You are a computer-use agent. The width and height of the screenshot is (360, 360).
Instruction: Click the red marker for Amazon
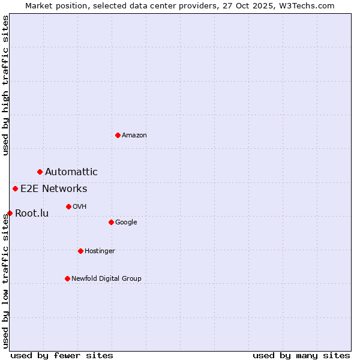(x=118, y=135)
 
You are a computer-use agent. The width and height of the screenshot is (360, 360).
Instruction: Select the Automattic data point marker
(x=40, y=172)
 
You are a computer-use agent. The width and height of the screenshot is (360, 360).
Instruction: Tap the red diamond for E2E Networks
(x=16, y=189)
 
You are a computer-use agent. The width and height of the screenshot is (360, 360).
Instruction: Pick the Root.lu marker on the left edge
(x=10, y=213)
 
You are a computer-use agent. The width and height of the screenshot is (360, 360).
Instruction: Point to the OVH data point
(x=68, y=207)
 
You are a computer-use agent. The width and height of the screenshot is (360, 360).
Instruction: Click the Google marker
(x=111, y=223)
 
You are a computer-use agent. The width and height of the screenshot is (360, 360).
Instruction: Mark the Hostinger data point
(x=80, y=251)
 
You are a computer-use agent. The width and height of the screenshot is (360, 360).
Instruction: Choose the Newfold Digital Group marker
(x=67, y=278)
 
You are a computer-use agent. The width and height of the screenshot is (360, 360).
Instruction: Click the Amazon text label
(x=134, y=136)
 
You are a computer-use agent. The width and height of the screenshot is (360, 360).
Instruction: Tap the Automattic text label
(x=71, y=172)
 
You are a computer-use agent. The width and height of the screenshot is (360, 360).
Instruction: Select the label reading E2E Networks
(x=53, y=189)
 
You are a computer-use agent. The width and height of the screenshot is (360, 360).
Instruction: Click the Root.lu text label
(x=31, y=214)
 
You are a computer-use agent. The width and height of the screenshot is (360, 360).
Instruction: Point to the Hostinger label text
(x=100, y=251)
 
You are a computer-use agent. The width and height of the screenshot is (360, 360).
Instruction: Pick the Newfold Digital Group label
(x=106, y=278)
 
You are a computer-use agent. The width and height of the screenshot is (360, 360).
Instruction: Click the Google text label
(x=126, y=223)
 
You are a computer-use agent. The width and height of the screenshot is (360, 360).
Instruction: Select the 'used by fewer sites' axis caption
(x=62, y=355)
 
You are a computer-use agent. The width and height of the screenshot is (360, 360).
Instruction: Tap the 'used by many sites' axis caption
(x=301, y=355)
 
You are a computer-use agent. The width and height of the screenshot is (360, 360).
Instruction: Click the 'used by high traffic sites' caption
(x=6, y=85)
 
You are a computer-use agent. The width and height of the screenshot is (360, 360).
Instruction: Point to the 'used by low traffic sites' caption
(x=6, y=281)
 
